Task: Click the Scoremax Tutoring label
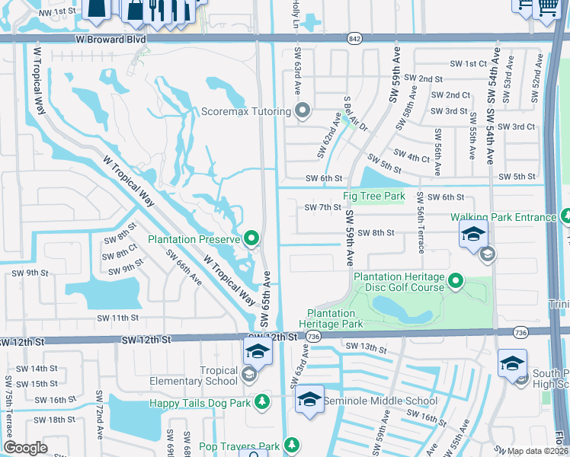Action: click(245, 111)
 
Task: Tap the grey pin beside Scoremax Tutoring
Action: click(303, 111)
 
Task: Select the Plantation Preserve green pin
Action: click(252, 239)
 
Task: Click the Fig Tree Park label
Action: click(374, 196)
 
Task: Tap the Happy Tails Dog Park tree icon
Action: click(262, 401)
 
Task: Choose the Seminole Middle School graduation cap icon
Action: click(309, 401)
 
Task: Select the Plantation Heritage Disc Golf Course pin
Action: click(456, 283)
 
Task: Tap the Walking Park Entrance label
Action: click(503, 217)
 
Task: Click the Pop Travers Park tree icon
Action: click(290, 445)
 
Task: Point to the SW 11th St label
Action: click(118, 317)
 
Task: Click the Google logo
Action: click(25, 448)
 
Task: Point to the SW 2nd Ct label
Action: click(450, 95)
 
